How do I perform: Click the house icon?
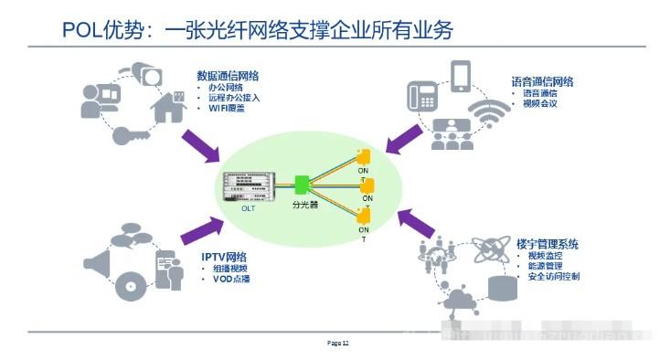[x=168, y=105]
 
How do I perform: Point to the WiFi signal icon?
[x=495, y=115]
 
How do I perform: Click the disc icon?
[x=132, y=286]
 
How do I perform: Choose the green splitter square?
[x=303, y=185]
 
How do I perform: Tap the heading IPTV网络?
[x=224, y=256]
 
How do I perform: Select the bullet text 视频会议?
[x=540, y=103]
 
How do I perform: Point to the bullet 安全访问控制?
[x=554, y=276]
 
